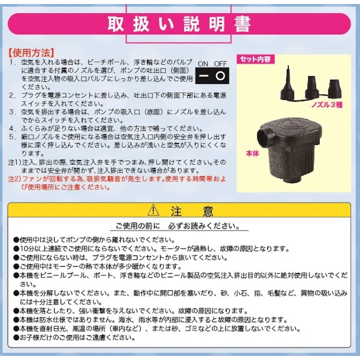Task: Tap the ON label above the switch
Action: pos(203,64)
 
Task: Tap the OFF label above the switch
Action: pos(221,64)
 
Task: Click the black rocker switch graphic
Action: pos(212,76)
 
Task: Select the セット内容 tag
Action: pos(255,59)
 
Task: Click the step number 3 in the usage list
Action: pos(13,112)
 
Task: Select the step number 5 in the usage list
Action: pos(13,137)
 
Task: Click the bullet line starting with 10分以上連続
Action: pos(151,248)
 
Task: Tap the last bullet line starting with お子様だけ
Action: pos(81,338)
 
